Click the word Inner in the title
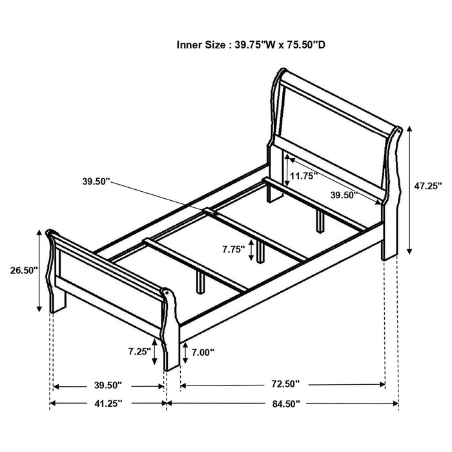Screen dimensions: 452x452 [190, 45]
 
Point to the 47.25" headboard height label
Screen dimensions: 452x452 [427, 186]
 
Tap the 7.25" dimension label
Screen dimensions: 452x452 [139, 352]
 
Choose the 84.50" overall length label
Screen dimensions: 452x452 [284, 404]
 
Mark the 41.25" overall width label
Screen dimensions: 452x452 [107, 404]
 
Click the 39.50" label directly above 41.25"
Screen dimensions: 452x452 [107, 385]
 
